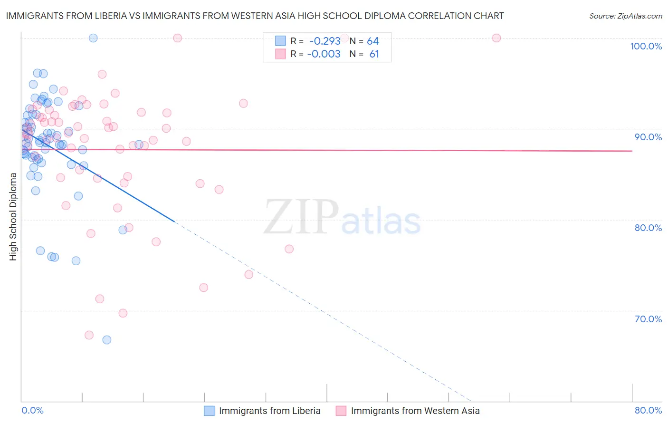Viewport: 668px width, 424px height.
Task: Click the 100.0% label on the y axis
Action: point(646,46)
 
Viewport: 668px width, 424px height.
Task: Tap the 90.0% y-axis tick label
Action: point(648,137)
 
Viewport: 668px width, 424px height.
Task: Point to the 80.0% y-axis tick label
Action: point(648,228)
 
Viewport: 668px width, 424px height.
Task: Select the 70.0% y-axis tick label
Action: point(648,319)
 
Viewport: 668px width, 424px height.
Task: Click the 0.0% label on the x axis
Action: point(32,410)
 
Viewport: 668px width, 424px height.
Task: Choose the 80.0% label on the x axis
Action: point(648,410)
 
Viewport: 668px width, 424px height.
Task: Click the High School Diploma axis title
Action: point(13,216)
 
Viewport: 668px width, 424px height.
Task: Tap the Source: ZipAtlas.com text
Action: point(625,16)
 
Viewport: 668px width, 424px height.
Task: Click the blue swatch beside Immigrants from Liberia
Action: point(210,411)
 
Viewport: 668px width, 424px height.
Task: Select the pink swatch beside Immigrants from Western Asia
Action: point(341,411)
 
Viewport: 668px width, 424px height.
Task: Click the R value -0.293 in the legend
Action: point(324,41)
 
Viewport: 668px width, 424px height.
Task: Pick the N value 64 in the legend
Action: point(373,41)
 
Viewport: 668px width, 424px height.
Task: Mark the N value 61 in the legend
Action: point(374,54)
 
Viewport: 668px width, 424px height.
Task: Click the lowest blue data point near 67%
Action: point(107,340)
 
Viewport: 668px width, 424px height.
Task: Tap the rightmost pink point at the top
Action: point(496,38)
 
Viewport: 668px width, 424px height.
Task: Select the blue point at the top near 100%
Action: point(93,38)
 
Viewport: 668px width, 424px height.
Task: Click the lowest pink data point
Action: point(89,335)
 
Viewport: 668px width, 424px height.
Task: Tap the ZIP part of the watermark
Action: point(301,217)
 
